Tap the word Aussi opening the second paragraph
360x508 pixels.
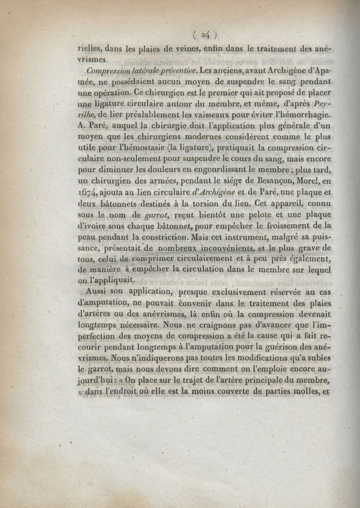[x=97, y=291]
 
